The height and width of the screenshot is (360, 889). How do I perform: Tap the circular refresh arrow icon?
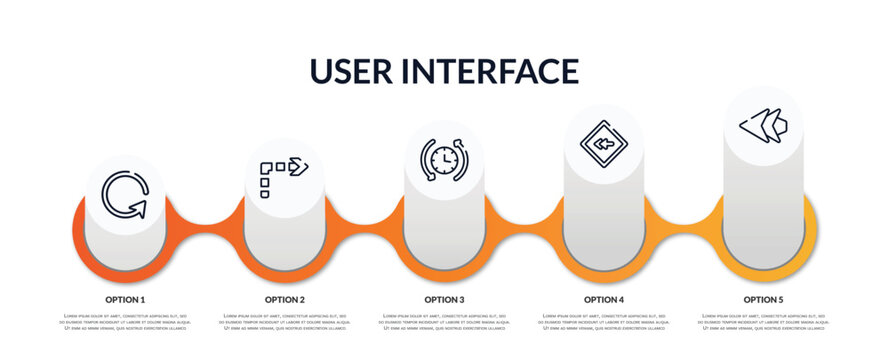(x=125, y=195)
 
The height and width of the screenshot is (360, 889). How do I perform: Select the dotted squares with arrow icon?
(x=284, y=176)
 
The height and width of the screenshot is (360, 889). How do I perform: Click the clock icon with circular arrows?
(x=444, y=159)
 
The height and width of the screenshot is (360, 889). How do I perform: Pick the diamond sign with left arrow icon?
(x=603, y=144)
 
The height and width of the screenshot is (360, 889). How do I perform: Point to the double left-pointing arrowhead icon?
(x=763, y=126)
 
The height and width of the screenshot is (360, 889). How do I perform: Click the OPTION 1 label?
(x=125, y=299)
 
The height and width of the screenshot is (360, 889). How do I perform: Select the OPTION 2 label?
(x=285, y=299)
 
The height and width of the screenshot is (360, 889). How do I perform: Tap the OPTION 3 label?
(x=444, y=299)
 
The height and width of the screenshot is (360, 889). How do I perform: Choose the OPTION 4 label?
(x=604, y=299)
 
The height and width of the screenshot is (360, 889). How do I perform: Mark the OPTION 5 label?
(x=763, y=299)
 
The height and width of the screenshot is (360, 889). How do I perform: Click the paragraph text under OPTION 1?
(x=125, y=322)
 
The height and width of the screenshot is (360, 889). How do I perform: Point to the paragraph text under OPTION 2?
(x=285, y=322)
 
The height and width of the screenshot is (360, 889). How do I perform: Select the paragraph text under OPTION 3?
(x=444, y=322)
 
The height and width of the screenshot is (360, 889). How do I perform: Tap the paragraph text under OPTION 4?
(x=604, y=322)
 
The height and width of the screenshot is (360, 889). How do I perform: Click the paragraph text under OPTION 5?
(x=763, y=322)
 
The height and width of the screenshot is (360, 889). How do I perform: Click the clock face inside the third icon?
(x=443, y=160)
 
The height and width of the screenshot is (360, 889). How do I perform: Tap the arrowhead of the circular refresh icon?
(x=139, y=208)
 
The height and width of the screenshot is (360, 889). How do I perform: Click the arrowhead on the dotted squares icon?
(x=299, y=165)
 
